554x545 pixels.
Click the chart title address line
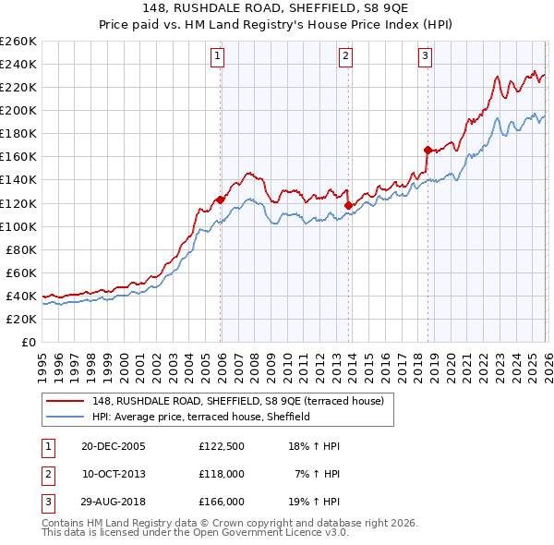tap(276, 8)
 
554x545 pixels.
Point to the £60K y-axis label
tap(21, 272)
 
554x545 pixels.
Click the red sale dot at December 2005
tap(221, 200)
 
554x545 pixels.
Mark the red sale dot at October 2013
tap(348, 205)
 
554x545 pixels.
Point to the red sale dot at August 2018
tap(428, 150)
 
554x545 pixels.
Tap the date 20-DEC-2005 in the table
tap(114, 446)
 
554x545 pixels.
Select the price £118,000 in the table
tap(221, 474)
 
